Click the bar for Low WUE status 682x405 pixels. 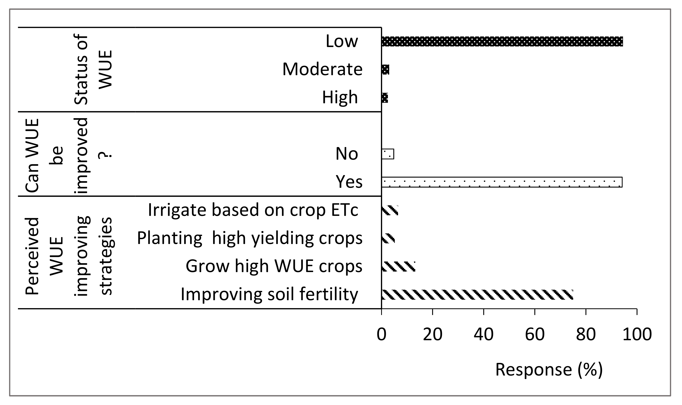coord(502,41)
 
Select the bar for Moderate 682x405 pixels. coord(385,70)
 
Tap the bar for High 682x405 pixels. coord(385,98)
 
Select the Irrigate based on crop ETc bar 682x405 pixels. coord(390,210)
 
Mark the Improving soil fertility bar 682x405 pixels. coord(477,295)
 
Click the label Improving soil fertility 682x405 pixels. coord(269,294)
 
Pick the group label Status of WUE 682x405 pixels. coord(93,70)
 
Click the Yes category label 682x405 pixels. coord(349,182)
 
